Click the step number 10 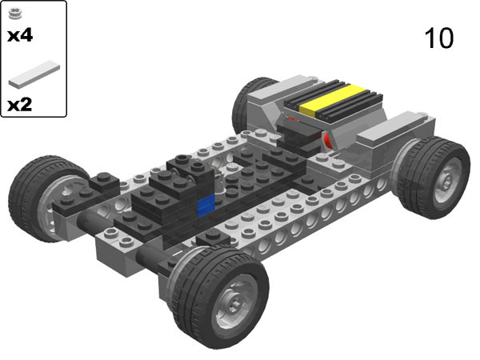(x=439, y=38)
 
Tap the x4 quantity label (x=20, y=36)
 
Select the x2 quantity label (x=20, y=105)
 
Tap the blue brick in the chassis (x=206, y=205)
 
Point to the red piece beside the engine (x=326, y=142)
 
